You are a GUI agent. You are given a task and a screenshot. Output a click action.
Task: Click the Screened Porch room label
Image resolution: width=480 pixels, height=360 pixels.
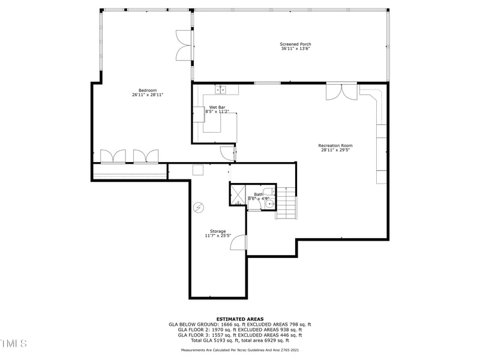[295, 44]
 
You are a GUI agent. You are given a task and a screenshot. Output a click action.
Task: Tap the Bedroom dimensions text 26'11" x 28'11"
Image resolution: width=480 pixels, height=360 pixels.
[148, 95]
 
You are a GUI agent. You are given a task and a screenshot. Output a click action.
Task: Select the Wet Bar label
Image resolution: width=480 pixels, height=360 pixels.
[217, 107]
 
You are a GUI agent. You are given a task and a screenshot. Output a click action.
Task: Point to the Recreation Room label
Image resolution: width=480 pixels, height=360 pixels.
[335, 145]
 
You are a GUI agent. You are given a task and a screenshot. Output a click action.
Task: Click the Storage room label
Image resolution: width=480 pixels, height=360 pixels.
[218, 231]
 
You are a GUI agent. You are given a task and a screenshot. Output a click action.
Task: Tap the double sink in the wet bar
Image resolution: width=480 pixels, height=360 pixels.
[221, 90]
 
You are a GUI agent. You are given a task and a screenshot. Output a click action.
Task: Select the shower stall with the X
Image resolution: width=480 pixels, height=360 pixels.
[238, 194]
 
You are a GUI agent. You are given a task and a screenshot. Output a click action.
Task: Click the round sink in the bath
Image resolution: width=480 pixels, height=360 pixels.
[269, 204]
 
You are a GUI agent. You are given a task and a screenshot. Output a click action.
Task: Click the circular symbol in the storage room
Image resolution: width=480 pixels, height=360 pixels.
[198, 208]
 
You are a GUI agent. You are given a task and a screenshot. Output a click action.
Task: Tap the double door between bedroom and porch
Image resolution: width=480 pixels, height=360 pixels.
[184, 45]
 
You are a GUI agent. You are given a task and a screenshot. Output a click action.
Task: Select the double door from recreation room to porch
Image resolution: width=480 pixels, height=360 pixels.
[341, 91]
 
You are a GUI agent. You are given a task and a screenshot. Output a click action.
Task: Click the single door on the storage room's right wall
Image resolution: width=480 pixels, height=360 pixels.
[239, 242]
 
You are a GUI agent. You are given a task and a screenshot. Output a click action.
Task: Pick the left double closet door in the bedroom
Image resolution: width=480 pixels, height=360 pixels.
[113, 156]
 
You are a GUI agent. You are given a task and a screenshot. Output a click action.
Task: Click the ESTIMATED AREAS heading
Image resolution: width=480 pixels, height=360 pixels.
[240, 319]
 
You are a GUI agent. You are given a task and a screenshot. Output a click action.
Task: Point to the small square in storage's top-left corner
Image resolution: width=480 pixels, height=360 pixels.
[197, 170]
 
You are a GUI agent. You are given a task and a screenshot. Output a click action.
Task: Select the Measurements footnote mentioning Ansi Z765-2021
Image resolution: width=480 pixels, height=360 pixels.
[240, 349]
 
